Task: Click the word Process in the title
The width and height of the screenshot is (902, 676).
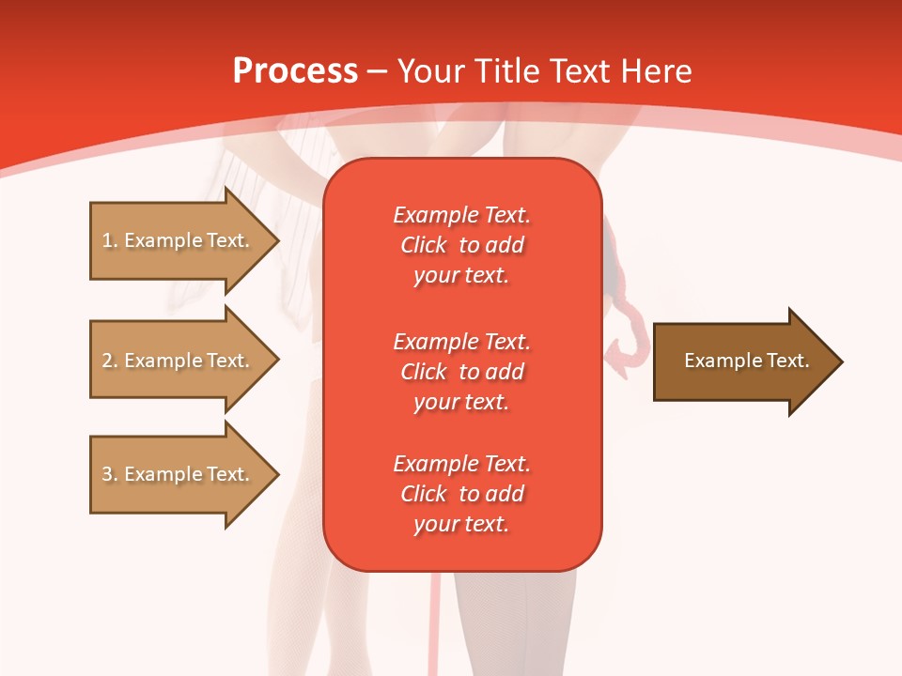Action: pyautogui.click(x=295, y=71)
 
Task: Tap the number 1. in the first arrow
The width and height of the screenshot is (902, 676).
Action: pyautogui.click(x=110, y=240)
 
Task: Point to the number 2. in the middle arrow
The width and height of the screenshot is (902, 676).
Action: pyautogui.click(x=110, y=361)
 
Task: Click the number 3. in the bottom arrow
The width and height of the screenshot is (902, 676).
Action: pyautogui.click(x=110, y=474)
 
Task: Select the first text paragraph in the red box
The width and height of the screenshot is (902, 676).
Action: pyautogui.click(x=461, y=245)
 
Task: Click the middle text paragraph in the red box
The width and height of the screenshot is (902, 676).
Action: pyautogui.click(x=461, y=372)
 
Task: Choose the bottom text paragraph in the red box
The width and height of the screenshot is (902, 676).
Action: pyautogui.click(x=461, y=494)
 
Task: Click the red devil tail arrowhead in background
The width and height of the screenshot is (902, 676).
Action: pyautogui.click(x=621, y=354)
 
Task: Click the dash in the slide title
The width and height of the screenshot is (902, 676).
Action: pyautogui.click(x=378, y=71)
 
